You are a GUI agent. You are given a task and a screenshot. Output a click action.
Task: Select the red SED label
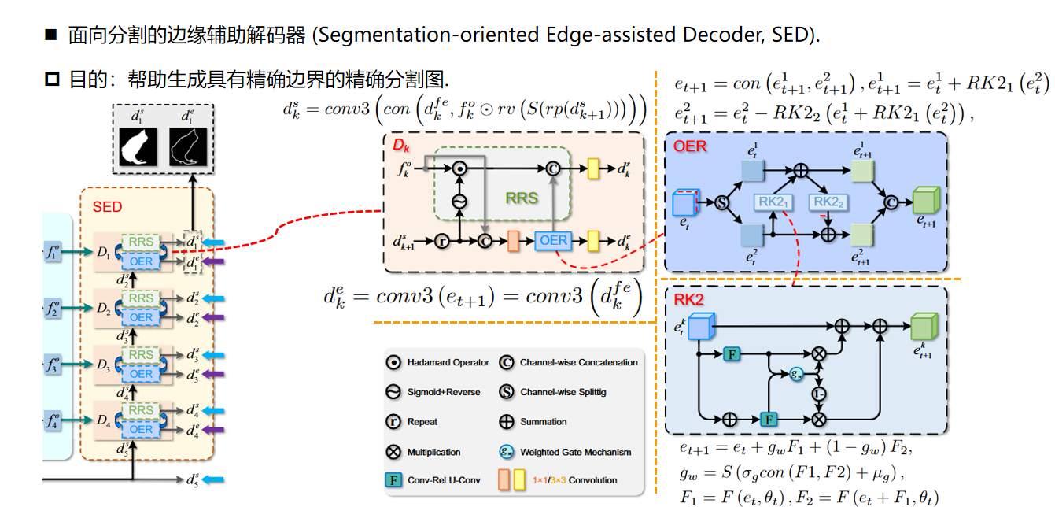point(107,206)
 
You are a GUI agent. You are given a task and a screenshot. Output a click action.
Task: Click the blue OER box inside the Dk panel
point(554,240)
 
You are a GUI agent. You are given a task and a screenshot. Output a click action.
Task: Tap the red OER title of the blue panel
point(690,146)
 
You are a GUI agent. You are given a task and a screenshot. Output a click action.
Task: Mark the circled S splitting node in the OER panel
point(721,202)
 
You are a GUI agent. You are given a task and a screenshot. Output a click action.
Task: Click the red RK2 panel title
point(688,299)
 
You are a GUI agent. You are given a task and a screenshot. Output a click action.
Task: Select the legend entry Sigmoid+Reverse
point(443,392)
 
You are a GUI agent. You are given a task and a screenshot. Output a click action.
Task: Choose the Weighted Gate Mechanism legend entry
point(575,452)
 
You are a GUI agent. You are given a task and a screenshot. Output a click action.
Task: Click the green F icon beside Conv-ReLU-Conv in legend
point(393,479)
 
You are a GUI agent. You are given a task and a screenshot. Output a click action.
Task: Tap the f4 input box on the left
point(53,423)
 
